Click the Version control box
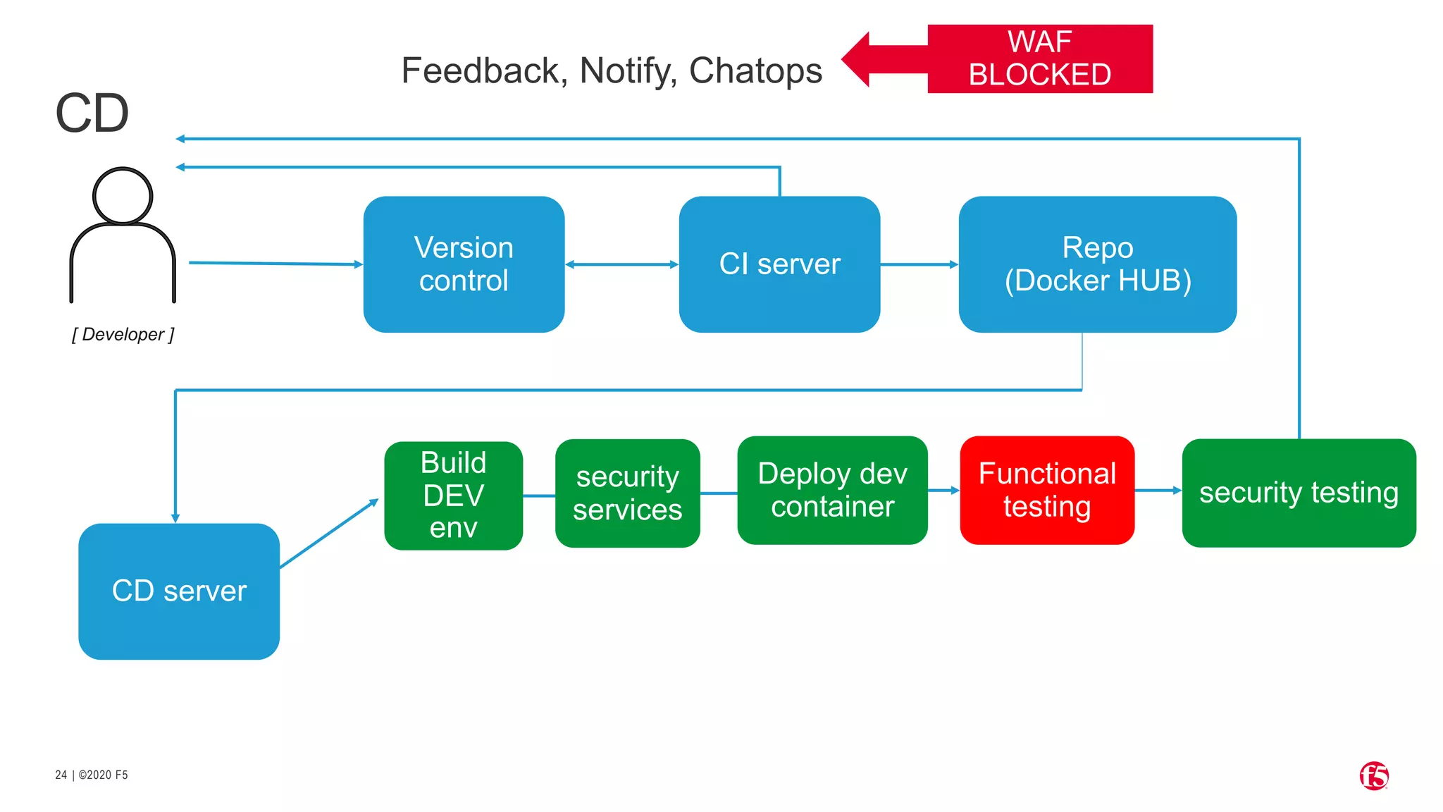tap(464, 264)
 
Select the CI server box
tap(779, 264)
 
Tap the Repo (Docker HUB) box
tap(1097, 264)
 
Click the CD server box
tap(179, 591)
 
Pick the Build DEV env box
tap(453, 496)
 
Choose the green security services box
tap(627, 493)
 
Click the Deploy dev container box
tap(832, 490)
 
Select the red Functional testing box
tap(1047, 490)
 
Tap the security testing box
tap(1299, 493)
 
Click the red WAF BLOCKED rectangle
tap(1040, 59)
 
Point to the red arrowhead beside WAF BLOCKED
tap(857, 59)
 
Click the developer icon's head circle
tap(123, 196)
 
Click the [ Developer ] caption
tap(123, 335)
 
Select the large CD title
tap(92, 113)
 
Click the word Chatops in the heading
tap(755, 70)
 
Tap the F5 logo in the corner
tap(1374, 776)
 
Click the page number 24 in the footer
tap(61, 775)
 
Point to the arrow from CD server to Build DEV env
tap(329, 534)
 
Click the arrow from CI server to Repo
tap(919, 264)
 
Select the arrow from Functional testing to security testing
tap(1158, 490)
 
